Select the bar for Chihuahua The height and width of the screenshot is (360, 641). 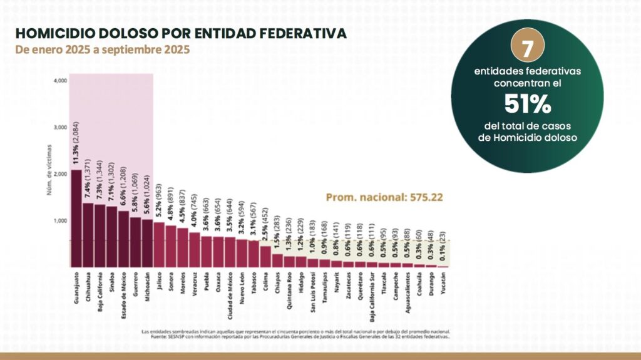[88, 235]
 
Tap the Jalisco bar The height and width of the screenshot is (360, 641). [159, 244]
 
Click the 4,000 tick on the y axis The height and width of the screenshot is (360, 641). [60, 81]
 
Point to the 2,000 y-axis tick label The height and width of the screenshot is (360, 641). [60, 174]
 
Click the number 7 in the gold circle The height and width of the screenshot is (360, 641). [527, 48]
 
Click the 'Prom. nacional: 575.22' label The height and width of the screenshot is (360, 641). [384, 197]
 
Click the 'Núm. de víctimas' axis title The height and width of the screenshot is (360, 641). [48, 177]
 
